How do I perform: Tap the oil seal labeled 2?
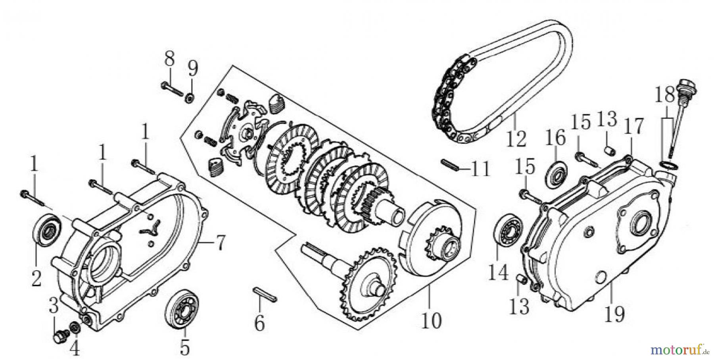pyautogui.click(x=47, y=232)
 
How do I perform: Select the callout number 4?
pyautogui.click(x=74, y=349)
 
